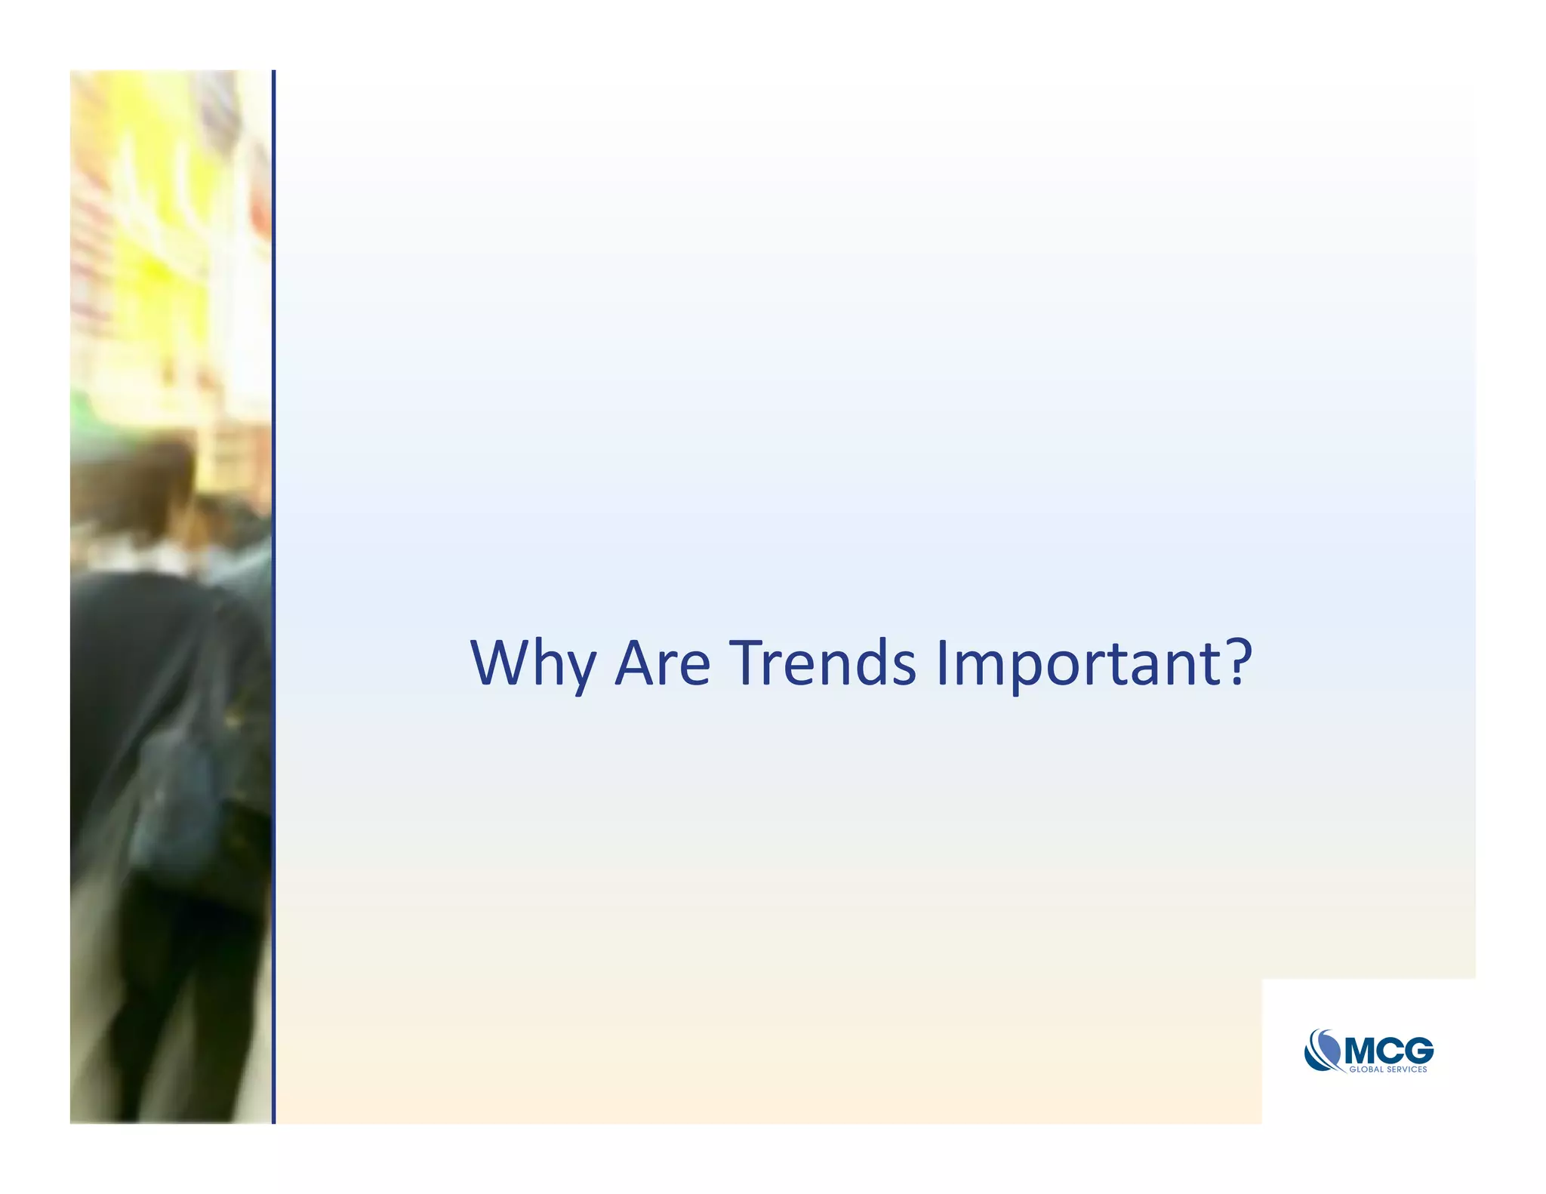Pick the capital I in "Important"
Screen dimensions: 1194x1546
(941, 662)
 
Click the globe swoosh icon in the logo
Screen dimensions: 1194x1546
(1323, 1050)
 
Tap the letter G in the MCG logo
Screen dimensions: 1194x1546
(1418, 1051)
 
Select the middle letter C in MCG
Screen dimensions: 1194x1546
(1392, 1051)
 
